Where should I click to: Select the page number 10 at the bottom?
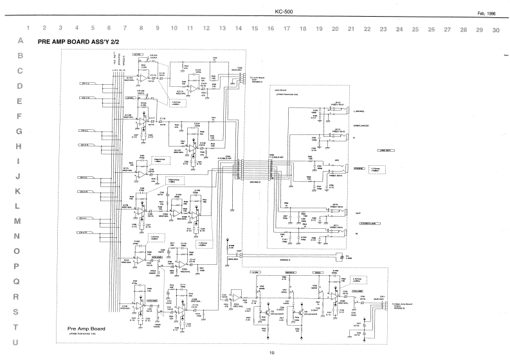tap(272, 352)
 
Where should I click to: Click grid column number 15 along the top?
tap(255, 29)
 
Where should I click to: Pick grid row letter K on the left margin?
tap(19, 191)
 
